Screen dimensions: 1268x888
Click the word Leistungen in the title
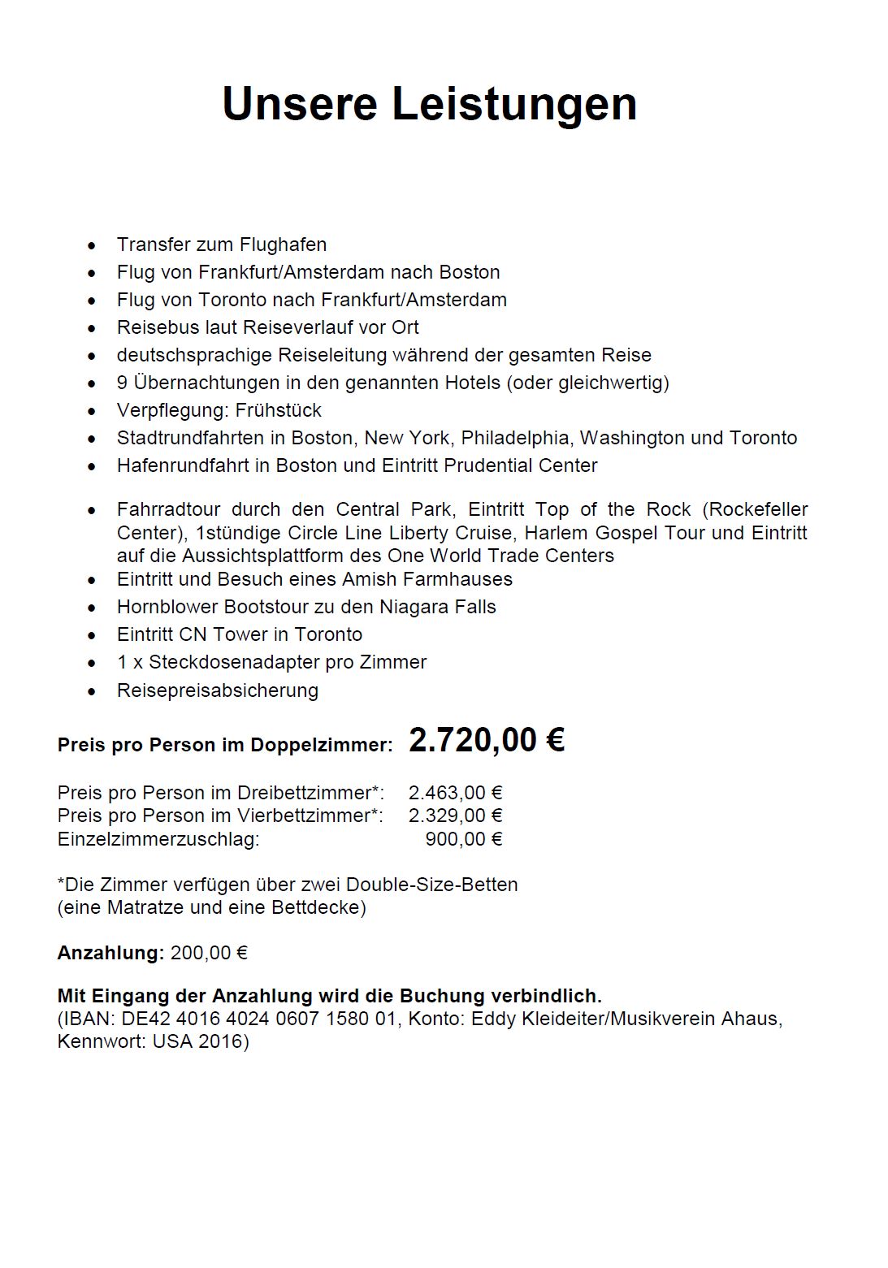click(x=514, y=104)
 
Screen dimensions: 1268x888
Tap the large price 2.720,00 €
click(x=486, y=740)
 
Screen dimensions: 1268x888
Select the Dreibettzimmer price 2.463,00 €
click(x=455, y=792)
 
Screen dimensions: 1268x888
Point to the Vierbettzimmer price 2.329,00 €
click(x=455, y=815)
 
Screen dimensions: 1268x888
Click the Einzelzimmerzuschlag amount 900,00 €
click(x=464, y=838)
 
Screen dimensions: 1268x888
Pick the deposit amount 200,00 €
click(x=209, y=952)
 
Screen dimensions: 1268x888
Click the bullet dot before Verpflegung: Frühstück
click(x=93, y=411)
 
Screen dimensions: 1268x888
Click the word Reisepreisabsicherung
click(x=217, y=690)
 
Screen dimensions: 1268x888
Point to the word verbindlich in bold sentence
click(x=552, y=996)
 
